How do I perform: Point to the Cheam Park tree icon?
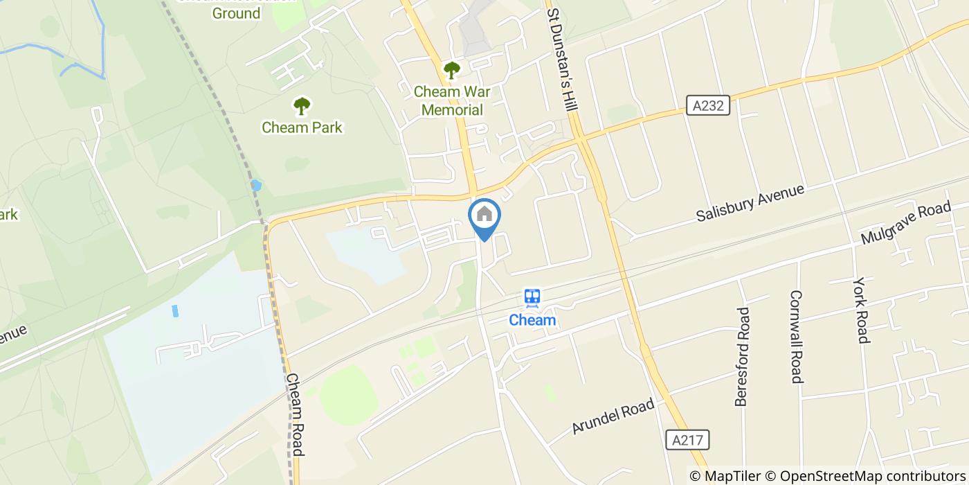click(x=301, y=106)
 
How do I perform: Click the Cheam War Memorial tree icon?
click(x=451, y=70)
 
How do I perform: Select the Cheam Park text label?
click(x=302, y=127)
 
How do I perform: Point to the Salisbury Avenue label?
click(x=750, y=202)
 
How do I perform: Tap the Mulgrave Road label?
click(x=906, y=222)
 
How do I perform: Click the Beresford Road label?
click(x=742, y=356)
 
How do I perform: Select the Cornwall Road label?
click(x=796, y=336)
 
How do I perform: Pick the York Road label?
click(x=861, y=310)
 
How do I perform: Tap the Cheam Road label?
click(x=295, y=415)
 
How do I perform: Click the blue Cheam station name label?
click(x=532, y=320)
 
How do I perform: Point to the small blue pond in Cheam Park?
click(x=256, y=185)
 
